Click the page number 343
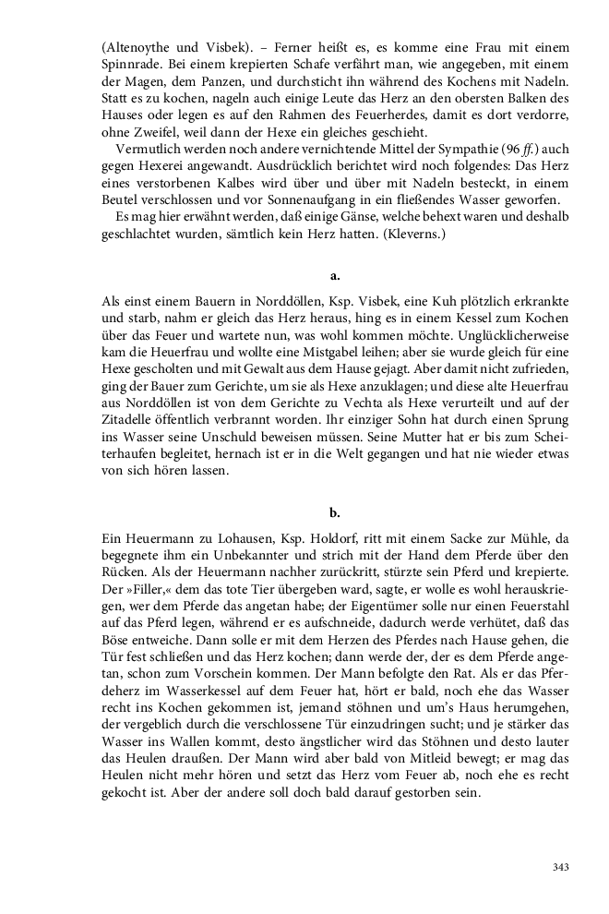pos(559,867)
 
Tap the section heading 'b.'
pos(335,512)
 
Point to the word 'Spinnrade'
pos(130,64)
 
